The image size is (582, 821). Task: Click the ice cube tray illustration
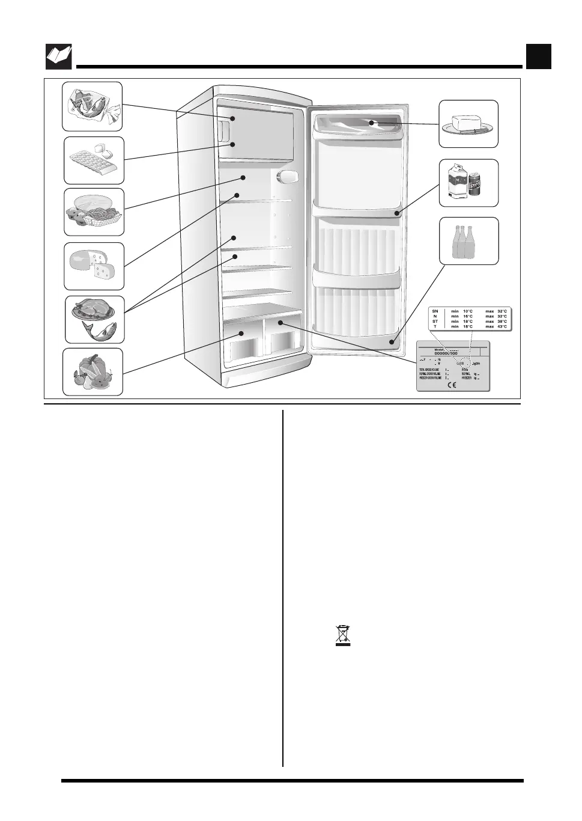[x=94, y=160]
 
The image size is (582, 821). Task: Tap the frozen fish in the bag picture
[x=92, y=106]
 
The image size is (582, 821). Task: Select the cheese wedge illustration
[x=94, y=266]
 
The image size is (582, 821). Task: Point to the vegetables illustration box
[x=93, y=372]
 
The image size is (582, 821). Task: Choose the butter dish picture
[x=468, y=124]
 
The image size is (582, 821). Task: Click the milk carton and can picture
[x=468, y=183]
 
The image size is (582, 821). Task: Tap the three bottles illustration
[x=468, y=240]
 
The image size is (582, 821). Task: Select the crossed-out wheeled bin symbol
[x=342, y=635]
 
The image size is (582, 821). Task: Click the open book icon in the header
[x=59, y=56]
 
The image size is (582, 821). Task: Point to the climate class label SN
[x=435, y=311]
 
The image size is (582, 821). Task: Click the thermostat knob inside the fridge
[x=288, y=176]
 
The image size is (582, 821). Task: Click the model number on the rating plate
[x=446, y=353]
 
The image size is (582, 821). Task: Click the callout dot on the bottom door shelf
[x=392, y=341]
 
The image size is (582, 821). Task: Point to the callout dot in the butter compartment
[x=372, y=123]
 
